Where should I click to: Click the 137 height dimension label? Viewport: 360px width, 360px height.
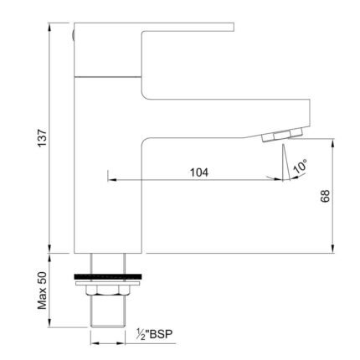[x=42, y=137]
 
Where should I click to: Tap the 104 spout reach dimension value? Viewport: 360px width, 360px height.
[x=199, y=172]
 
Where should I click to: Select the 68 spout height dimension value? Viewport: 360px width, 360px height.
[x=326, y=196]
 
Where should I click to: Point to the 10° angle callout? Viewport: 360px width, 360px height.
[x=300, y=167]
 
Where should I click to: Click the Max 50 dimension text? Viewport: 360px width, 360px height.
[x=42, y=291]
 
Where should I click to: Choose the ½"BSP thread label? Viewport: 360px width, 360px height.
[x=154, y=334]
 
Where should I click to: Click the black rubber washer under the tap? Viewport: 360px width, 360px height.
[x=108, y=276]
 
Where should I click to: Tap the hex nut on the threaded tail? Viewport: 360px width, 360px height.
[x=108, y=291]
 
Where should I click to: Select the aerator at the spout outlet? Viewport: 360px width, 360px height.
[x=282, y=135]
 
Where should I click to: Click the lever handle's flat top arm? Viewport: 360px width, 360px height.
[x=188, y=27]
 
